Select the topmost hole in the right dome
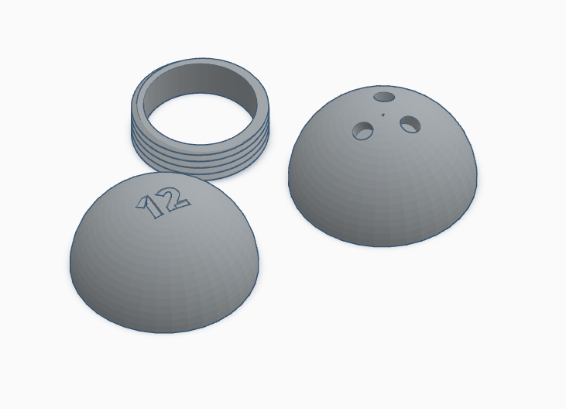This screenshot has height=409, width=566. click(x=383, y=98)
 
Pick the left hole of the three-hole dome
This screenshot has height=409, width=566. click(x=362, y=131)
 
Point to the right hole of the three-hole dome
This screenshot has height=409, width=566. click(x=410, y=123)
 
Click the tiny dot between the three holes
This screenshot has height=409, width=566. click(x=384, y=115)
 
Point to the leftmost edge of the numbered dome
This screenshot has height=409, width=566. click(x=71, y=263)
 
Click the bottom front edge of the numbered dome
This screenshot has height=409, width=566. click(x=166, y=332)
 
